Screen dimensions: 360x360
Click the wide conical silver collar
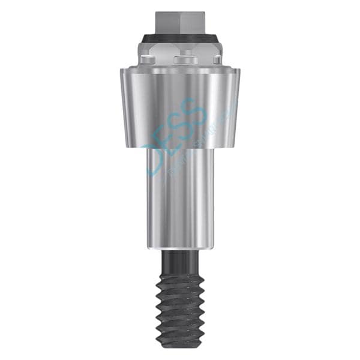180,108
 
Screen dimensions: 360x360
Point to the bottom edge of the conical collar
180,147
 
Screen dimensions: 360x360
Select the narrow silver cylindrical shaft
180,198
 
